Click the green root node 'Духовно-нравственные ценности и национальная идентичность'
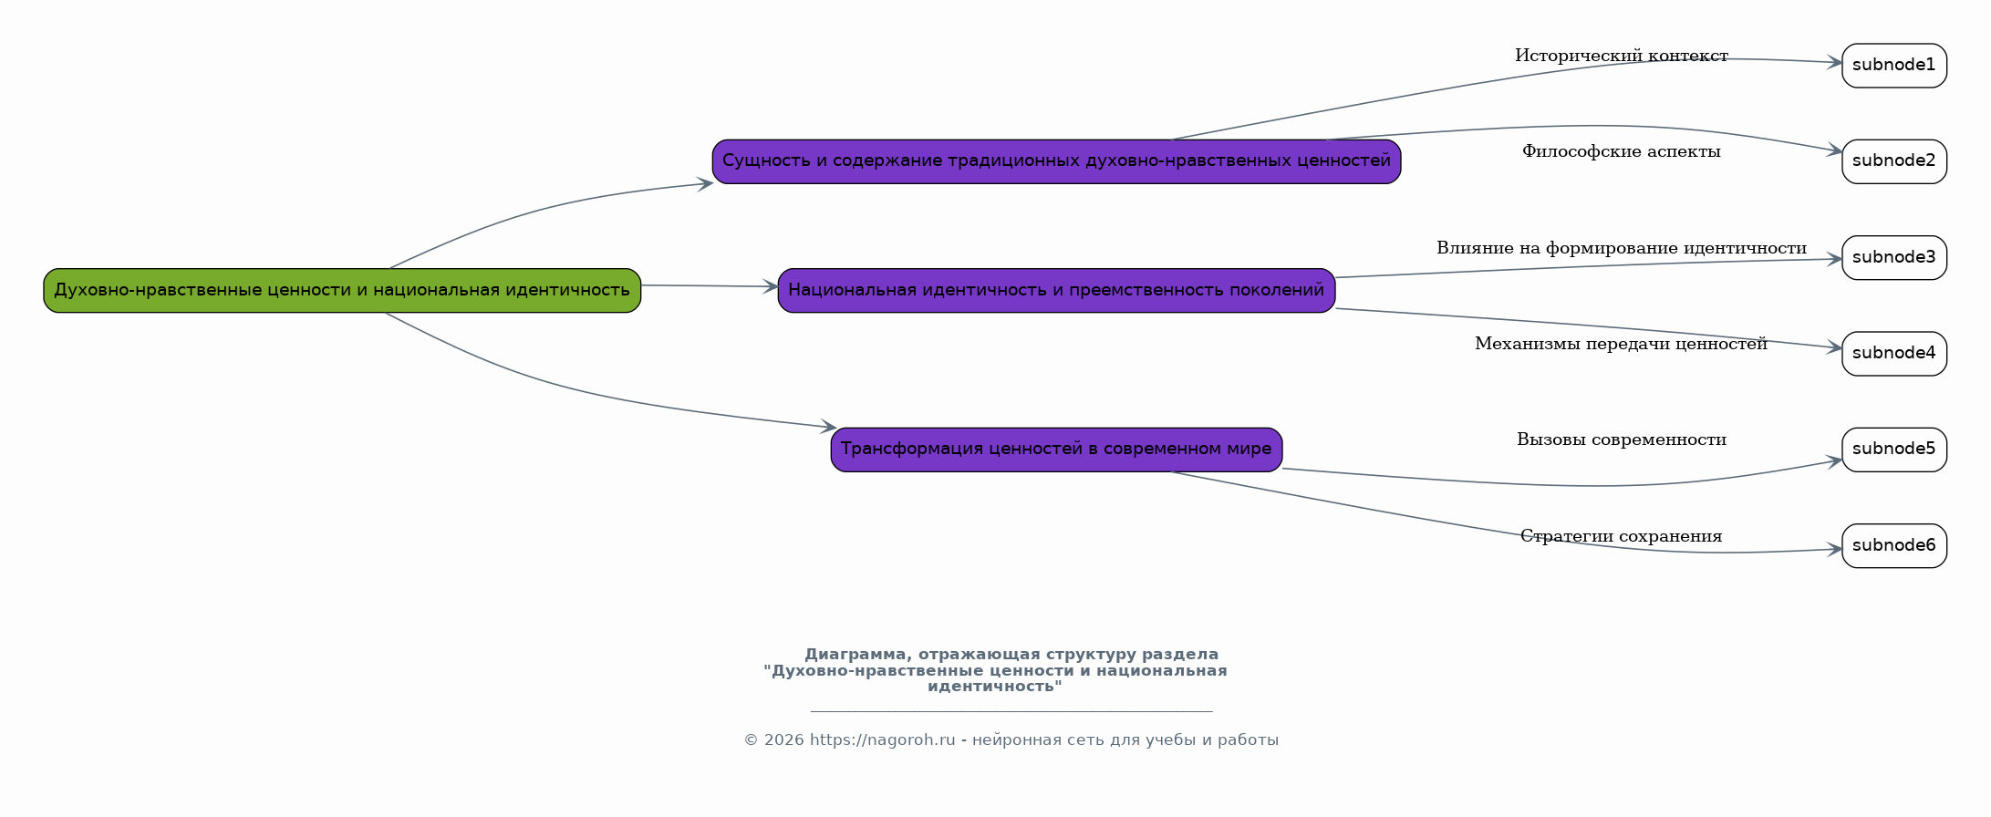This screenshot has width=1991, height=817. [342, 290]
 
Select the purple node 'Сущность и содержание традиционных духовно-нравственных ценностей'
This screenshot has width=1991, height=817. [1056, 161]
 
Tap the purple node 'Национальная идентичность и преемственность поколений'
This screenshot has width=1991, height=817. [1056, 290]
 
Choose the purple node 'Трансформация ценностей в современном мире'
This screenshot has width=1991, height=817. [1056, 450]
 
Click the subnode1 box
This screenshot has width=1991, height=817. [1894, 66]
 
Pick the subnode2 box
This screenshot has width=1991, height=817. [1894, 161]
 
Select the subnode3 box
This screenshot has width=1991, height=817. [1894, 257]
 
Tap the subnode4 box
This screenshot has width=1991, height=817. [1894, 354]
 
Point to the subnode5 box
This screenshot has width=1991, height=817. [1894, 450]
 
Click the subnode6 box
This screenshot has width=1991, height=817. [1894, 545]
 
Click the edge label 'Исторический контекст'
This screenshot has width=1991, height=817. [1622, 57]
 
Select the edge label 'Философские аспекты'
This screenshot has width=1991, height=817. [1622, 152]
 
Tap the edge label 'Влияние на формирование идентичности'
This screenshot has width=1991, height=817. [1622, 248]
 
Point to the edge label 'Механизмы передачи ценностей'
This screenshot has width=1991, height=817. [1622, 345]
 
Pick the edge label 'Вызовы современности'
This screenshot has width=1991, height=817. [1622, 440]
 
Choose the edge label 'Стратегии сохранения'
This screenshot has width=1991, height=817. [1622, 536]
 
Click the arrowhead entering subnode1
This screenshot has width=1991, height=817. [1834, 63]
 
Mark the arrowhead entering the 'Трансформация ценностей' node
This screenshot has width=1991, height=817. [828, 426]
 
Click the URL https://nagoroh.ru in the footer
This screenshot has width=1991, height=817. [882, 740]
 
